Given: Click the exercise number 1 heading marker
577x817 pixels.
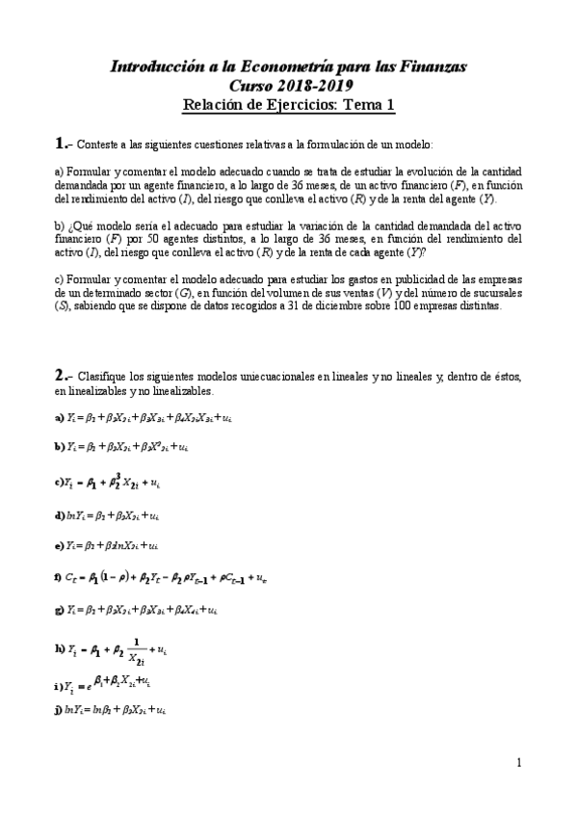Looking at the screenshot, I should pos(63,143).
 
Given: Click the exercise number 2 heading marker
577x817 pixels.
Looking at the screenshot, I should pos(63,374).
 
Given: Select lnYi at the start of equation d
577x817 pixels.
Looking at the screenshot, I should pos(75,515).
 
